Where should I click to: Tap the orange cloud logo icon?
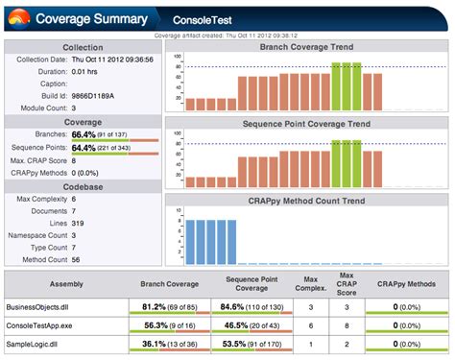19,19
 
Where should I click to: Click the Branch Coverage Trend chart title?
306,47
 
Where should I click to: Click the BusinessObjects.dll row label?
38,306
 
